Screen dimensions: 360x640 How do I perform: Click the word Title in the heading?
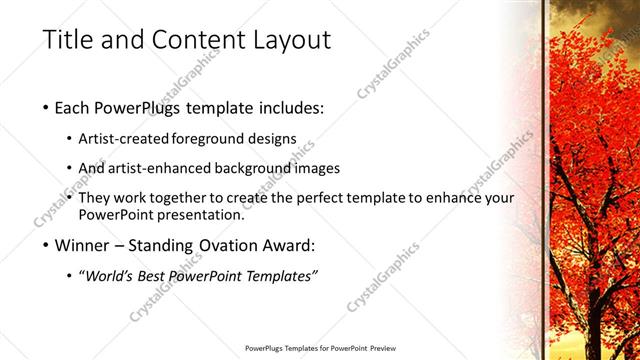(x=69, y=40)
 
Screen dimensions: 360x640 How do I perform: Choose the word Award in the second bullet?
(x=290, y=244)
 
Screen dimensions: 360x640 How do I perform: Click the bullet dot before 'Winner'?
(x=47, y=245)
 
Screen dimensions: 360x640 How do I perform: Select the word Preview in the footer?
(x=379, y=349)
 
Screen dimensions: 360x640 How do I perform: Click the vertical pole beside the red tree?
(x=545, y=180)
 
